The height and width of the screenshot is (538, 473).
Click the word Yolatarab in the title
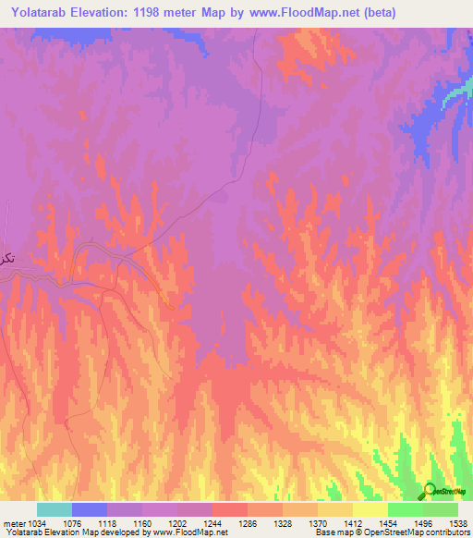tap(46, 13)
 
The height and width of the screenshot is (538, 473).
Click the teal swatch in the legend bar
tap(55, 509)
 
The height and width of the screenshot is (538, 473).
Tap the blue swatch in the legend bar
tap(90, 509)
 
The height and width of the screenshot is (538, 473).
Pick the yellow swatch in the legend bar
tap(370, 509)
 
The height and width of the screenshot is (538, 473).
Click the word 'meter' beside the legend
tap(13, 523)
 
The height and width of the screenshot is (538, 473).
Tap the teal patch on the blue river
tap(455, 92)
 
